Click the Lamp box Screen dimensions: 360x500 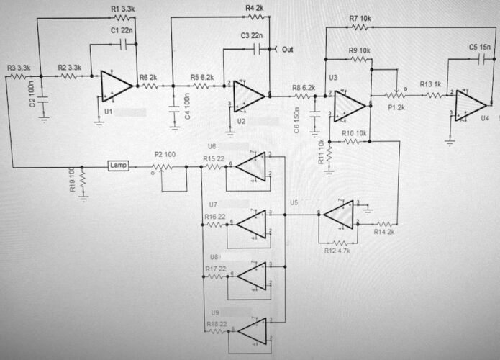point(118,166)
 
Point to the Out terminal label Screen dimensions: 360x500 point(288,50)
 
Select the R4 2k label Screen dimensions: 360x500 point(255,8)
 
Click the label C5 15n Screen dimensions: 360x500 point(480,47)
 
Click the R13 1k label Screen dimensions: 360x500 point(431,84)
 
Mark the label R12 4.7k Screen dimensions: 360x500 point(337,251)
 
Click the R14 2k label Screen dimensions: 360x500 point(385,232)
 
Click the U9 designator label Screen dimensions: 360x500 point(214,314)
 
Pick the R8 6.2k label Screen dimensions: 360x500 point(304,87)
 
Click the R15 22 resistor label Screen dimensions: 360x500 point(214,158)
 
